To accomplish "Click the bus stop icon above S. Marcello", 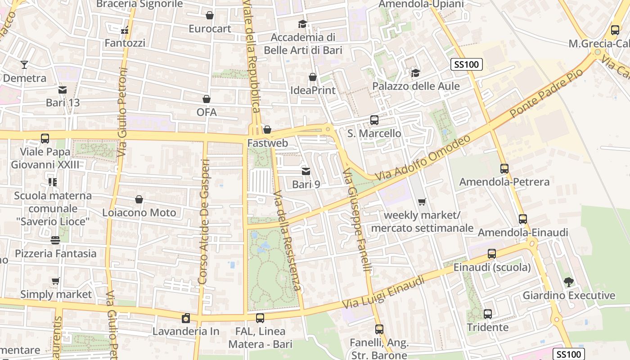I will click(x=374, y=120).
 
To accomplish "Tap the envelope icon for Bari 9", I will click(x=306, y=171).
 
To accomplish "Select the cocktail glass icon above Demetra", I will click(x=24, y=65).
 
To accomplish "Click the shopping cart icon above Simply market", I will click(x=56, y=281).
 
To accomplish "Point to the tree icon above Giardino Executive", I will click(x=569, y=282).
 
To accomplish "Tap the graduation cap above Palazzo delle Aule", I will click(x=415, y=73).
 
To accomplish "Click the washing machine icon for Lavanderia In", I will click(x=185, y=319).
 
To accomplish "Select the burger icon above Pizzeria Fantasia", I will click(x=55, y=240).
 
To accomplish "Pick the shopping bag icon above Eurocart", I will click(x=210, y=16).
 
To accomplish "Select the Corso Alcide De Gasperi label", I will click(x=204, y=221).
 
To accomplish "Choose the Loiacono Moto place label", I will click(x=139, y=212).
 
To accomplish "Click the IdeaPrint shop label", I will click(x=313, y=90).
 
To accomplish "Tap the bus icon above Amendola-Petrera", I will click(x=504, y=169).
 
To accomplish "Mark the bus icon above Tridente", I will click(x=488, y=314).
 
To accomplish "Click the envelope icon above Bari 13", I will click(x=63, y=90).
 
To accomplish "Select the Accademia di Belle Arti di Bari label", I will click(x=303, y=44).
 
